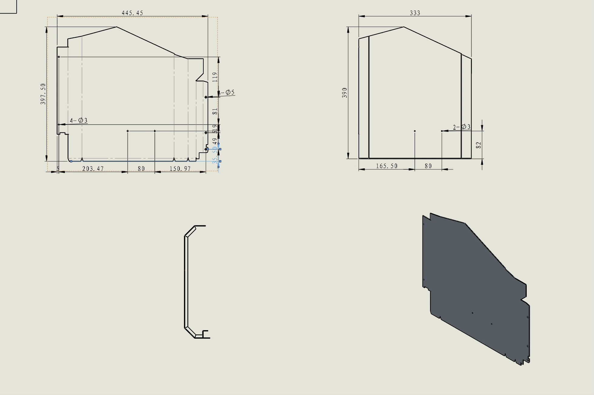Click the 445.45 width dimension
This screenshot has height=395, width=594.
tap(132, 13)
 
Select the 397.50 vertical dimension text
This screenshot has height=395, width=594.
tap(43, 94)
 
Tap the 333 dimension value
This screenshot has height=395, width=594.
tap(415, 13)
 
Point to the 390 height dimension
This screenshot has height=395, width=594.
tap(345, 93)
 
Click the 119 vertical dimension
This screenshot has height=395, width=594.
tap(215, 77)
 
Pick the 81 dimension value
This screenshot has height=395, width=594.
tap(215, 111)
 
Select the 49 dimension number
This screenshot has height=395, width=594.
tap(215, 141)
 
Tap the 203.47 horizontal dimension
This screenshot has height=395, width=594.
tap(93, 169)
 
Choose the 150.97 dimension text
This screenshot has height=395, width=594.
tap(180, 169)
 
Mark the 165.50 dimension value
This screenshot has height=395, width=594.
tap(386, 166)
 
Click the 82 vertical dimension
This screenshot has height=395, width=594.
tap(479, 145)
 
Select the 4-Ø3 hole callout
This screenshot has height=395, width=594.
tap(78, 121)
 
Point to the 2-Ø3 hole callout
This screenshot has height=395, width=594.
tap(462, 127)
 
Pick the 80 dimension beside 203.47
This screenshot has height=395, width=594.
tap(141, 169)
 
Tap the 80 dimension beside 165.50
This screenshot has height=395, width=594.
tap(428, 166)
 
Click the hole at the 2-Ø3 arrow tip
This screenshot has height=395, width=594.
tap(442, 131)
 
